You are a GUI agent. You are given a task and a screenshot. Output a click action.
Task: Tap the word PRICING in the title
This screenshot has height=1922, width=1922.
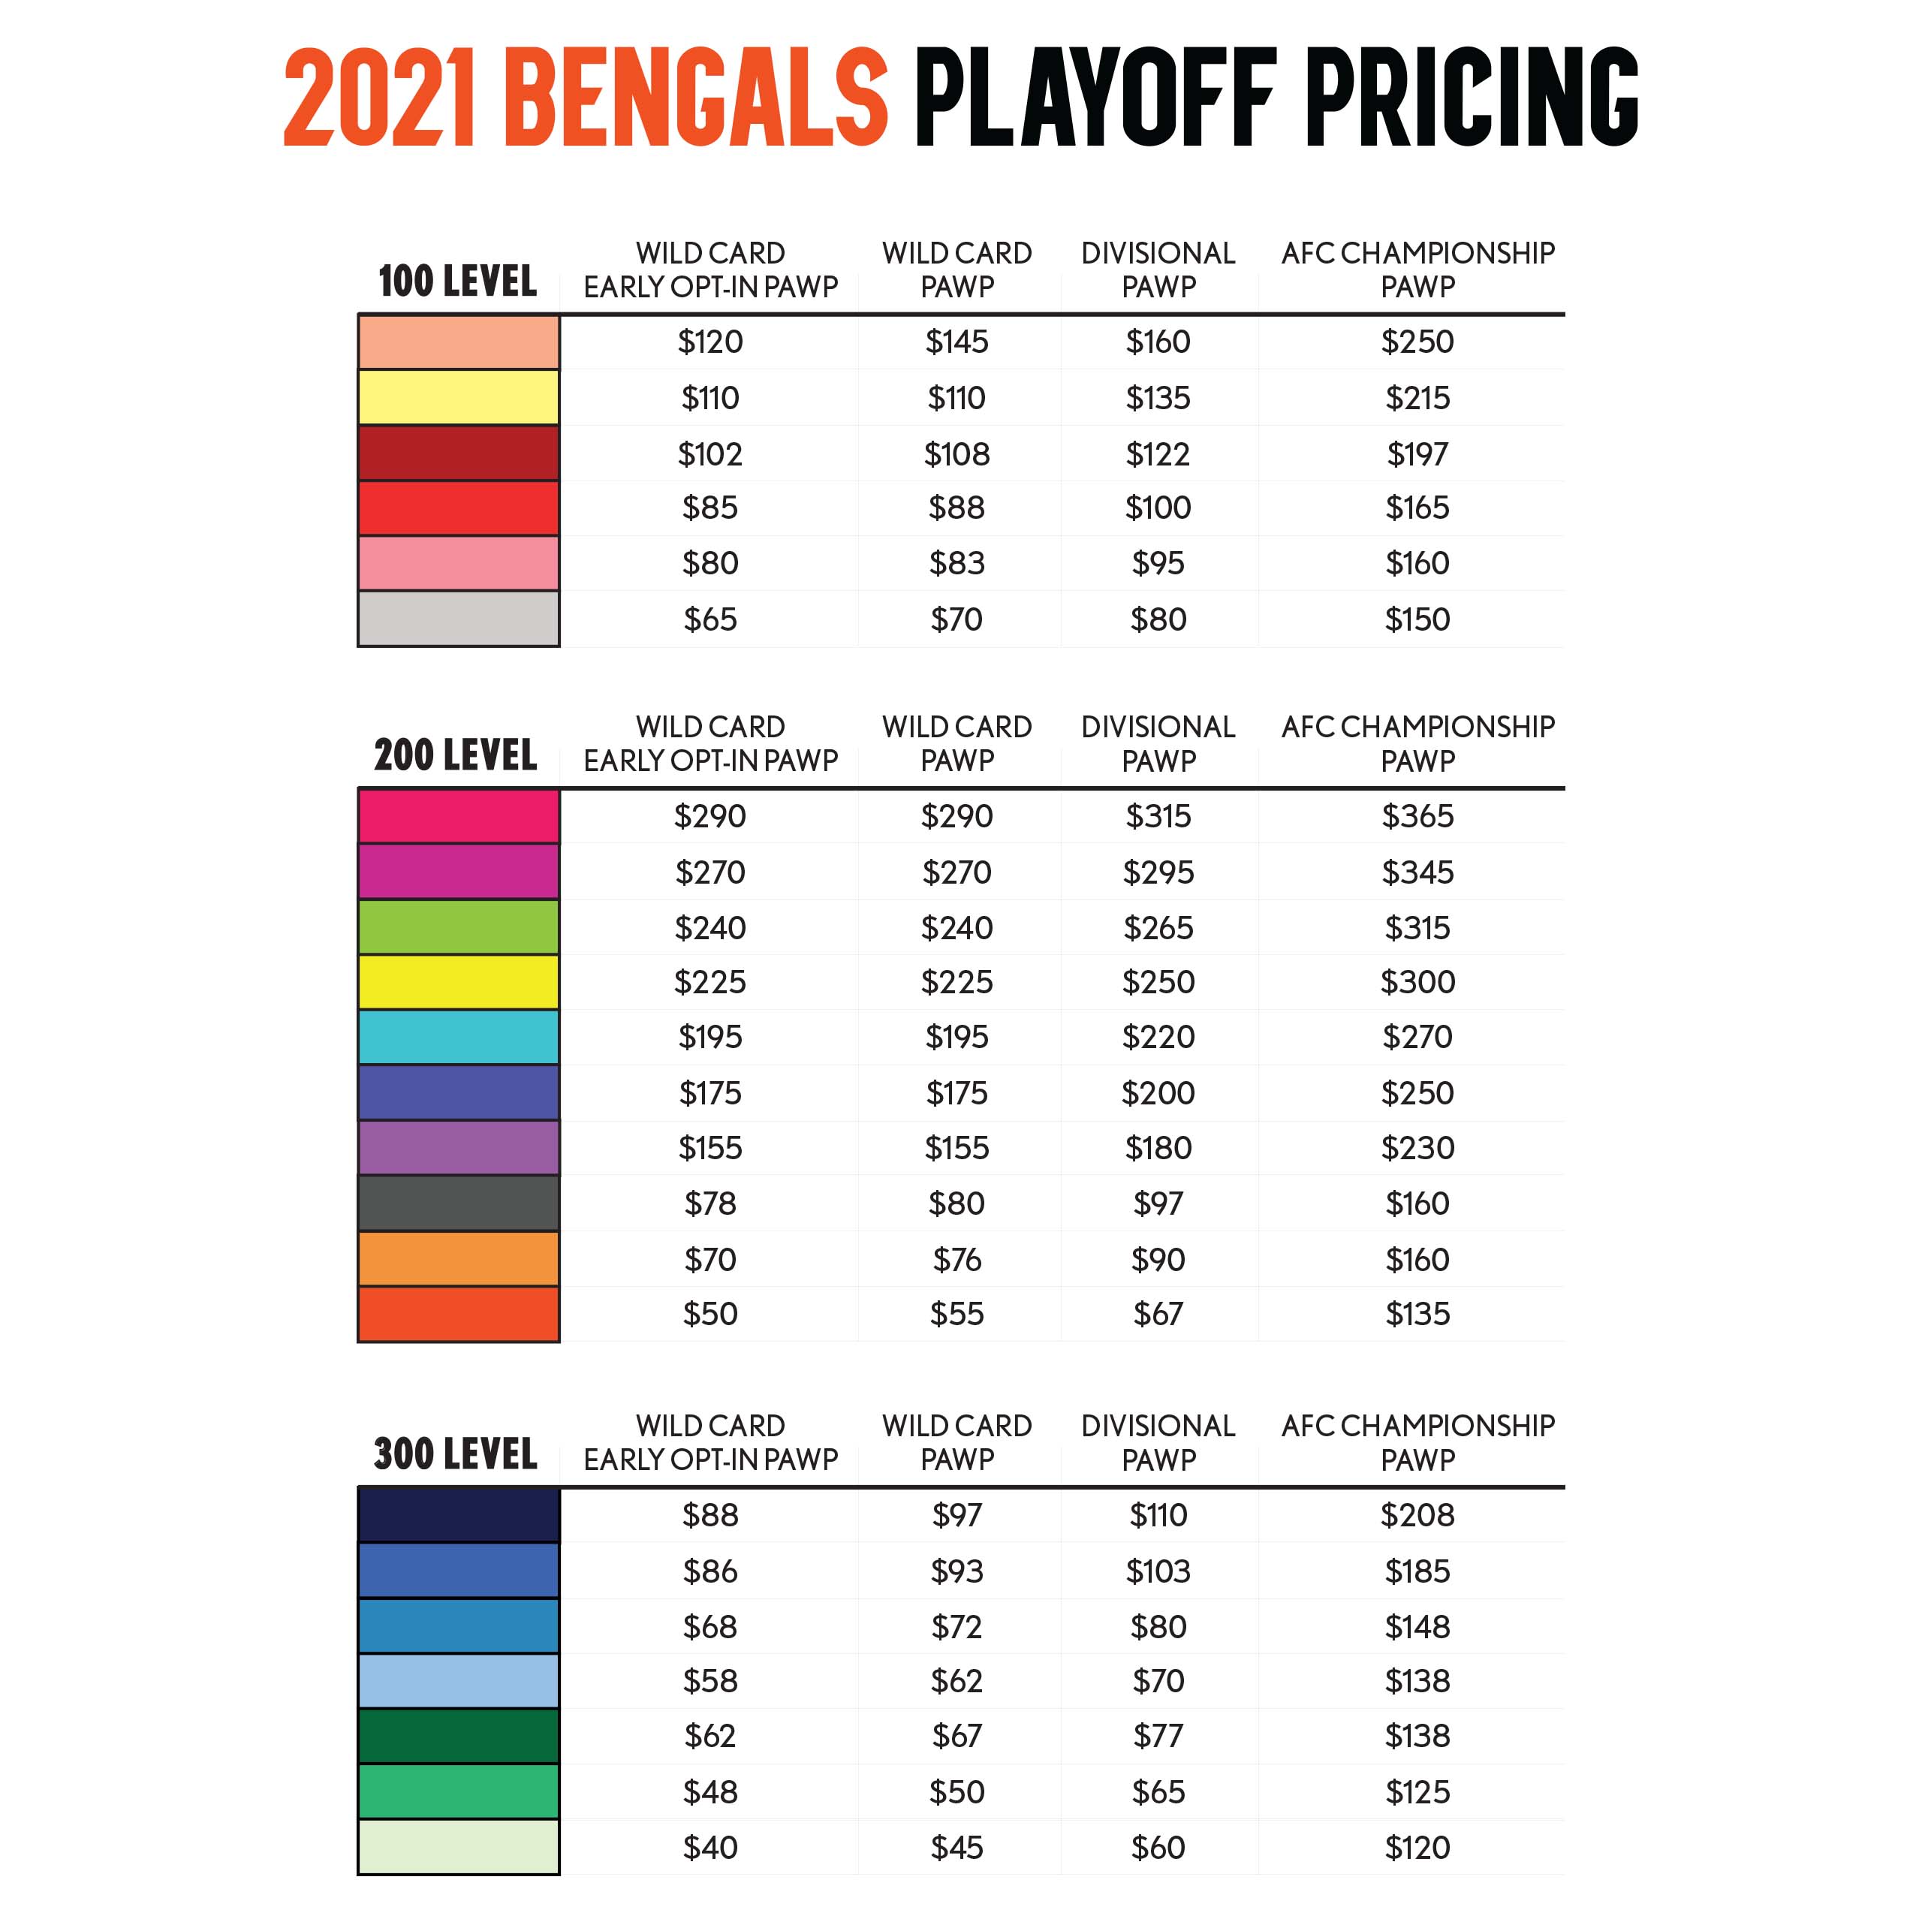pyautogui.click(x=1472, y=98)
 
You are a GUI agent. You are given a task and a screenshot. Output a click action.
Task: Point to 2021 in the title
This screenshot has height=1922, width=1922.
pyautogui.click(x=380, y=98)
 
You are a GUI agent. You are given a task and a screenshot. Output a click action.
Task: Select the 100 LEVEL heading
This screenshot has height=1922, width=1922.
pyautogui.click(x=458, y=282)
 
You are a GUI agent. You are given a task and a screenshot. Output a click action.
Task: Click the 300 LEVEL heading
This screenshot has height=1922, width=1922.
pyautogui.click(x=456, y=1454)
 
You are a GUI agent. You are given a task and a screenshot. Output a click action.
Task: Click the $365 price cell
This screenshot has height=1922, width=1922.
pyautogui.click(x=1417, y=817)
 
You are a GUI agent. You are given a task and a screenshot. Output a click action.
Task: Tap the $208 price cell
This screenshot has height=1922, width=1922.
pyautogui.click(x=1417, y=1515)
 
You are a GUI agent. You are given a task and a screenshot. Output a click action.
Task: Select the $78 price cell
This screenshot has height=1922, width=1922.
pyautogui.click(x=710, y=1204)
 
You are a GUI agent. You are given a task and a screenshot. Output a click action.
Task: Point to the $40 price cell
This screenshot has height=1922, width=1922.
pyautogui.click(x=710, y=1848)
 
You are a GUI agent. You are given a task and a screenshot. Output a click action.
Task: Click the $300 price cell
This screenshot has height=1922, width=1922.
pyautogui.click(x=1417, y=983)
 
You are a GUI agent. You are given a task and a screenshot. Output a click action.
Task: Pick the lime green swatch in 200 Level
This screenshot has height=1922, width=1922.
pyautogui.click(x=459, y=927)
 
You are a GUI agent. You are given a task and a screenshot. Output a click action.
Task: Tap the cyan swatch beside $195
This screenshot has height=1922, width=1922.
pyautogui.click(x=459, y=1038)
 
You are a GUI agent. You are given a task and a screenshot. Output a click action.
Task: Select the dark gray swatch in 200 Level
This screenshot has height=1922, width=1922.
pyautogui.click(x=459, y=1204)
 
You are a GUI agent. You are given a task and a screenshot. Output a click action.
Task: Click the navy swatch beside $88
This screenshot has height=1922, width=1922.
pyautogui.click(x=459, y=1515)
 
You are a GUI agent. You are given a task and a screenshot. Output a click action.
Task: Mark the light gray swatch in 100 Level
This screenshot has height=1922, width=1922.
pyautogui.click(x=459, y=619)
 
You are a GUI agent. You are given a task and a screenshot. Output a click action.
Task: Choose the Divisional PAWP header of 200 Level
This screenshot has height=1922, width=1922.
pyautogui.click(x=1158, y=743)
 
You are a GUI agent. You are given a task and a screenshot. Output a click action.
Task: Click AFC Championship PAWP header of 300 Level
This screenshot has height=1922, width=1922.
pyautogui.click(x=1417, y=1442)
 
